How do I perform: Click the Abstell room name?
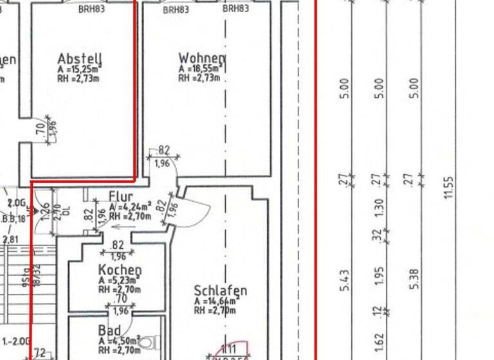[79, 59]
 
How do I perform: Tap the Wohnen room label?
[201, 59]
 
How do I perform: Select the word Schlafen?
[220, 291]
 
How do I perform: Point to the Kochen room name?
[120, 270]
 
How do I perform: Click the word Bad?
[109, 330]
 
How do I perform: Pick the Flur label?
[121, 197]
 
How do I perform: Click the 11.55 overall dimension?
[449, 187]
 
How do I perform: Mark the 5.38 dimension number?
[414, 278]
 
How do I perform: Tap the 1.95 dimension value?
[380, 275]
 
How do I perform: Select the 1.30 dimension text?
[380, 207]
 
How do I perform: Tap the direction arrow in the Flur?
[120, 226]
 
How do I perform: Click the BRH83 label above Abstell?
[91, 9]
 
